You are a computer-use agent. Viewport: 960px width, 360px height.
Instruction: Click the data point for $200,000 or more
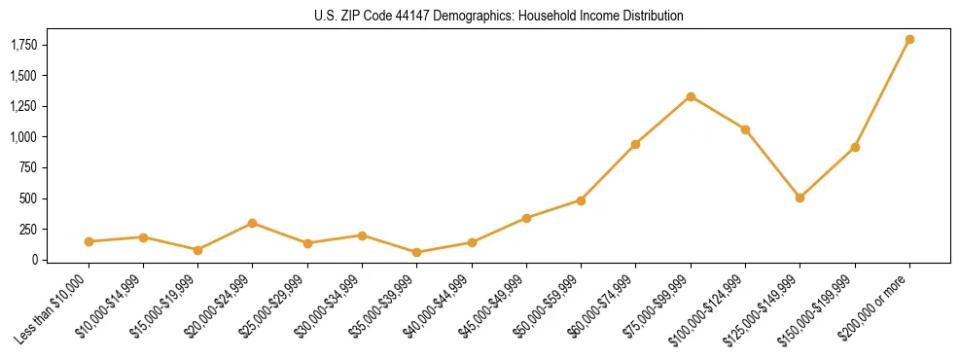(909, 40)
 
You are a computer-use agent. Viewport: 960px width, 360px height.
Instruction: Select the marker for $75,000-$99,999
(691, 96)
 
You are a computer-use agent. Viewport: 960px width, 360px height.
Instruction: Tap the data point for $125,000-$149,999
(800, 198)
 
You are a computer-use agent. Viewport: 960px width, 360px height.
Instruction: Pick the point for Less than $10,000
(89, 241)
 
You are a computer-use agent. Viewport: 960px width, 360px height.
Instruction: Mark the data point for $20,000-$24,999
(253, 223)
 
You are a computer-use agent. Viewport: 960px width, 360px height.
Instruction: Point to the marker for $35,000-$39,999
(416, 252)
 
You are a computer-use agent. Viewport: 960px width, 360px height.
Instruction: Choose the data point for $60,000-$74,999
(635, 144)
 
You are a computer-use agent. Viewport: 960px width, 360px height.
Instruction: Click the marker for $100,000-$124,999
(745, 129)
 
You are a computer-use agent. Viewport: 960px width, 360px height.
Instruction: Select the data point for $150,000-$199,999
(855, 147)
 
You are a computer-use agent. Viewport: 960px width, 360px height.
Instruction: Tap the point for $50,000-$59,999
(581, 200)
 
